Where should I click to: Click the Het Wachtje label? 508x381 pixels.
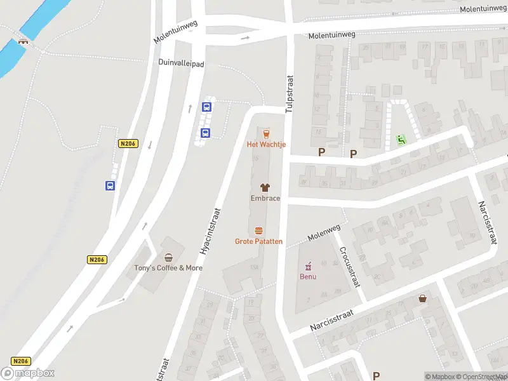(x=266, y=145)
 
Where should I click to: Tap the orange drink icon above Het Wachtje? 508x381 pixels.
(x=266, y=133)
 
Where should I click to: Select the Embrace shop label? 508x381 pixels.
(x=265, y=198)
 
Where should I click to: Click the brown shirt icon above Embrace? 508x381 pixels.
(x=265, y=187)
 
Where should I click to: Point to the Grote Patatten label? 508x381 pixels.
(x=258, y=241)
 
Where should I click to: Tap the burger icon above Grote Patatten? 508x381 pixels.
(x=258, y=231)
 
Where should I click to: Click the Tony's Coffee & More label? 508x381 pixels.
(x=168, y=268)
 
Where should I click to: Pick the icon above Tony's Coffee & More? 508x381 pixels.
(x=168, y=257)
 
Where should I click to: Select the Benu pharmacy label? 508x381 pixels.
(x=308, y=276)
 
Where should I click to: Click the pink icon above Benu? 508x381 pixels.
(x=308, y=266)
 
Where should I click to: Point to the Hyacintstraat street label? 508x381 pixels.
(x=210, y=232)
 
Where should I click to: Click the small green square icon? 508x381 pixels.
(x=401, y=139)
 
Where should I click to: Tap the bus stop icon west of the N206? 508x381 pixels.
(x=110, y=185)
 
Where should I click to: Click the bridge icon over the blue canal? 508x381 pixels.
(x=23, y=42)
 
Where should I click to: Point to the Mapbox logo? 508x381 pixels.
(x=27, y=373)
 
